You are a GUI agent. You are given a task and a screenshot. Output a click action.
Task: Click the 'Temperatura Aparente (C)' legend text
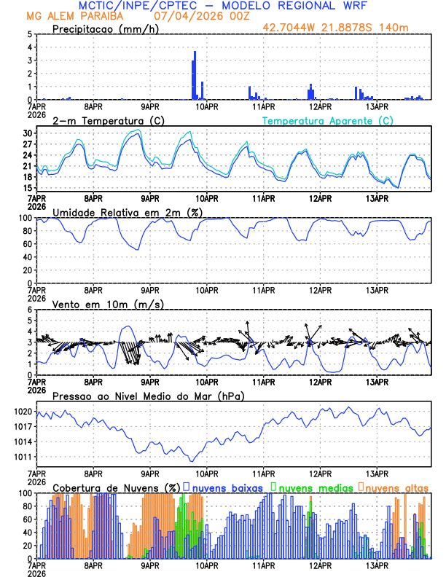[x=327, y=120]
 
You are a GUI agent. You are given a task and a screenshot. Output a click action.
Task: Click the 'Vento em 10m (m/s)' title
[x=98, y=304]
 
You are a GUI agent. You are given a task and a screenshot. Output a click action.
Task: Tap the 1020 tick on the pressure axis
[x=24, y=412]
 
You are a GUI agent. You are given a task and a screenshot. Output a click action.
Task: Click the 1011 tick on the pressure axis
[x=24, y=458]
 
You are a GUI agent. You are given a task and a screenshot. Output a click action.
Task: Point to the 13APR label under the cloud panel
[x=376, y=565]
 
